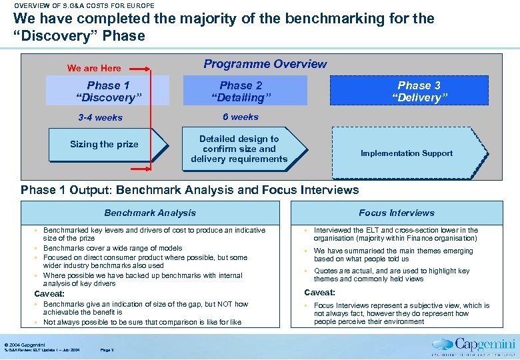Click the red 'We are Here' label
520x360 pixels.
click(94, 68)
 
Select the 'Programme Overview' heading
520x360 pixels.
click(265, 64)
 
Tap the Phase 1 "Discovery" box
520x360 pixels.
click(108, 91)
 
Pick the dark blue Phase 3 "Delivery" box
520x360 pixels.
click(419, 91)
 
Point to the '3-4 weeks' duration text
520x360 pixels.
click(100, 118)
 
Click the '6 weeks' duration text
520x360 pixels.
click(240, 117)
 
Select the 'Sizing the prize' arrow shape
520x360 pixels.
click(107, 144)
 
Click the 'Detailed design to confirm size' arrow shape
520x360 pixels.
click(241, 149)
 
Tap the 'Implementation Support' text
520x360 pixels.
click(407, 153)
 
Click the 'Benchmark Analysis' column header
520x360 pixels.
click(150, 213)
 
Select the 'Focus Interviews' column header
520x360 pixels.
click(396, 213)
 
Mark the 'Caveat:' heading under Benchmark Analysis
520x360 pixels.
click(49, 294)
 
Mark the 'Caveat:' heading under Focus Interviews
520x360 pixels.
click(319, 292)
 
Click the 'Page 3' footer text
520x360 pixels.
click(107, 350)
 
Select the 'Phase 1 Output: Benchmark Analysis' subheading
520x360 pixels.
click(189, 190)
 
